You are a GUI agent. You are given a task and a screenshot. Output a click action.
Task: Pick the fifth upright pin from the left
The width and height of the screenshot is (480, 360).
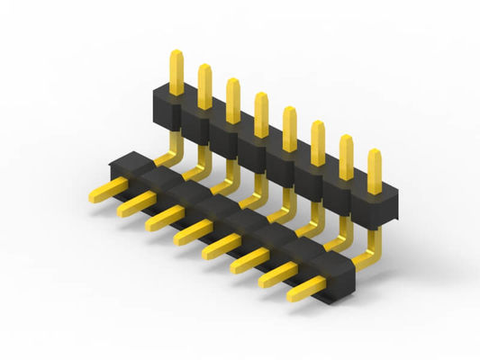pos(289,126)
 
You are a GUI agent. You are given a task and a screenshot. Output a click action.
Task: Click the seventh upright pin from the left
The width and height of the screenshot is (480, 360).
pos(346,155)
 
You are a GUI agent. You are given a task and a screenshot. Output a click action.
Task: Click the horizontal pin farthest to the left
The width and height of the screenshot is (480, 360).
pos(106,190)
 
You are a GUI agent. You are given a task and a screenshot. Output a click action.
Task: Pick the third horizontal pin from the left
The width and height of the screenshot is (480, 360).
pos(162,218)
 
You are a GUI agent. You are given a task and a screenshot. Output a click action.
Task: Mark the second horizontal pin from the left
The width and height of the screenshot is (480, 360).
pos(134,204)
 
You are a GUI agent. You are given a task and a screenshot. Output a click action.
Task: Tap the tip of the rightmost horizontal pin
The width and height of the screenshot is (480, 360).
pos(293,294)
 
